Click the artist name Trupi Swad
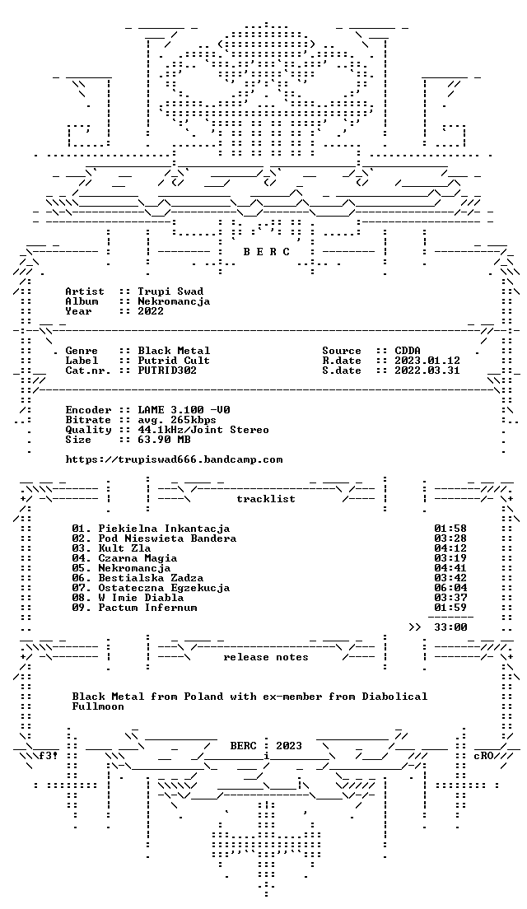pos(170,291)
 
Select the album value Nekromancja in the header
pos(174,301)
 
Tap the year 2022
pos(151,311)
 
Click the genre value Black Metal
pos(174,351)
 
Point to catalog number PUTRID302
pos(167,371)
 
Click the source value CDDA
pos(408,351)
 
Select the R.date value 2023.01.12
pos(427,361)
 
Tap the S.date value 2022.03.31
pos(427,371)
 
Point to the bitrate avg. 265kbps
pos(177,420)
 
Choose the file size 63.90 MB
pos(164,440)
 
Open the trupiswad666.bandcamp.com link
pos(174,459)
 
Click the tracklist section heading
pos(266,499)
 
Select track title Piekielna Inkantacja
pos(164,529)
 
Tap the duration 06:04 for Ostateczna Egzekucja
pos(450,588)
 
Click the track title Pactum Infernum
pos(148,608)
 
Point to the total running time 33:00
pos(450,627)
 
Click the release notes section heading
pos(266,657)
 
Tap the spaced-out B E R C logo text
pos(266,252)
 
